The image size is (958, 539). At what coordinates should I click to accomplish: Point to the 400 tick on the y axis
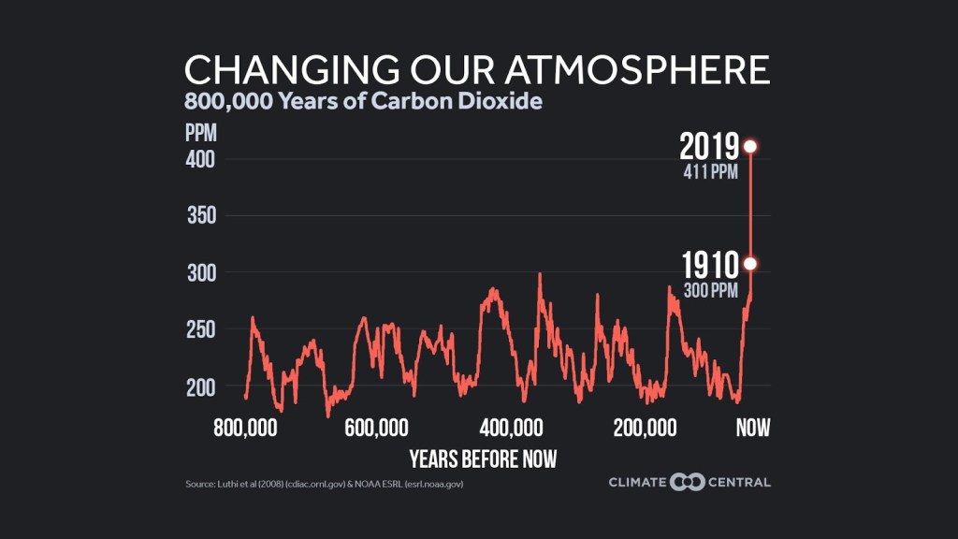point(201,159)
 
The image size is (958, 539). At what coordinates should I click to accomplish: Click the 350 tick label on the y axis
point(201,216)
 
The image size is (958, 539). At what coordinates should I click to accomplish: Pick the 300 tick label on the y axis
point(201,273)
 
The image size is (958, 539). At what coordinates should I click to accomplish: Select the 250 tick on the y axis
point(201,329)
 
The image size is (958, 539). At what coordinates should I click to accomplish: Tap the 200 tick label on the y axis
point(201,386)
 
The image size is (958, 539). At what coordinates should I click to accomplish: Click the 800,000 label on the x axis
point(246,429)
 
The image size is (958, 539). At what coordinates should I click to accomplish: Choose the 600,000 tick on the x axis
point(377,429)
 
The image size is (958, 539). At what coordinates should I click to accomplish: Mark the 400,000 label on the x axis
point(512,429)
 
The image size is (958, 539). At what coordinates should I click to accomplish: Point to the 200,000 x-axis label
point(646,429)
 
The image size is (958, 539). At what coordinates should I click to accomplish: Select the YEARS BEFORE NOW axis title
point(483,459)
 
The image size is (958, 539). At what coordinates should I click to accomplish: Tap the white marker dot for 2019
point(750,146)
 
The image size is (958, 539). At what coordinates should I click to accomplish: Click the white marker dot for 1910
point(750,264)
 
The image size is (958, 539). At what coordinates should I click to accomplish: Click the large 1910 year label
point(709,265)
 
